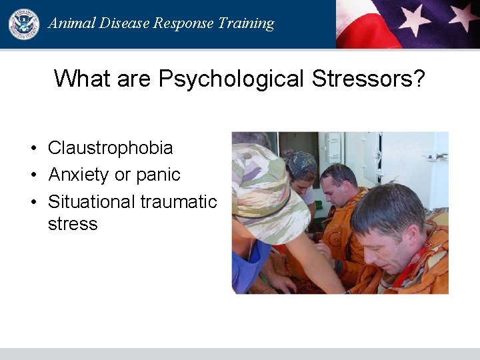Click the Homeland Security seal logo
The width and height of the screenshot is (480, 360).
point(24,24)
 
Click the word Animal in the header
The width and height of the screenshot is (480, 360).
point(70,23)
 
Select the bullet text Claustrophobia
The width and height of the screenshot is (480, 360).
point(110,148)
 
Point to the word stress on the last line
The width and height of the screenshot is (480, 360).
point(73,224)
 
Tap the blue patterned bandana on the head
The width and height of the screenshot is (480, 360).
point(301,163)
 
